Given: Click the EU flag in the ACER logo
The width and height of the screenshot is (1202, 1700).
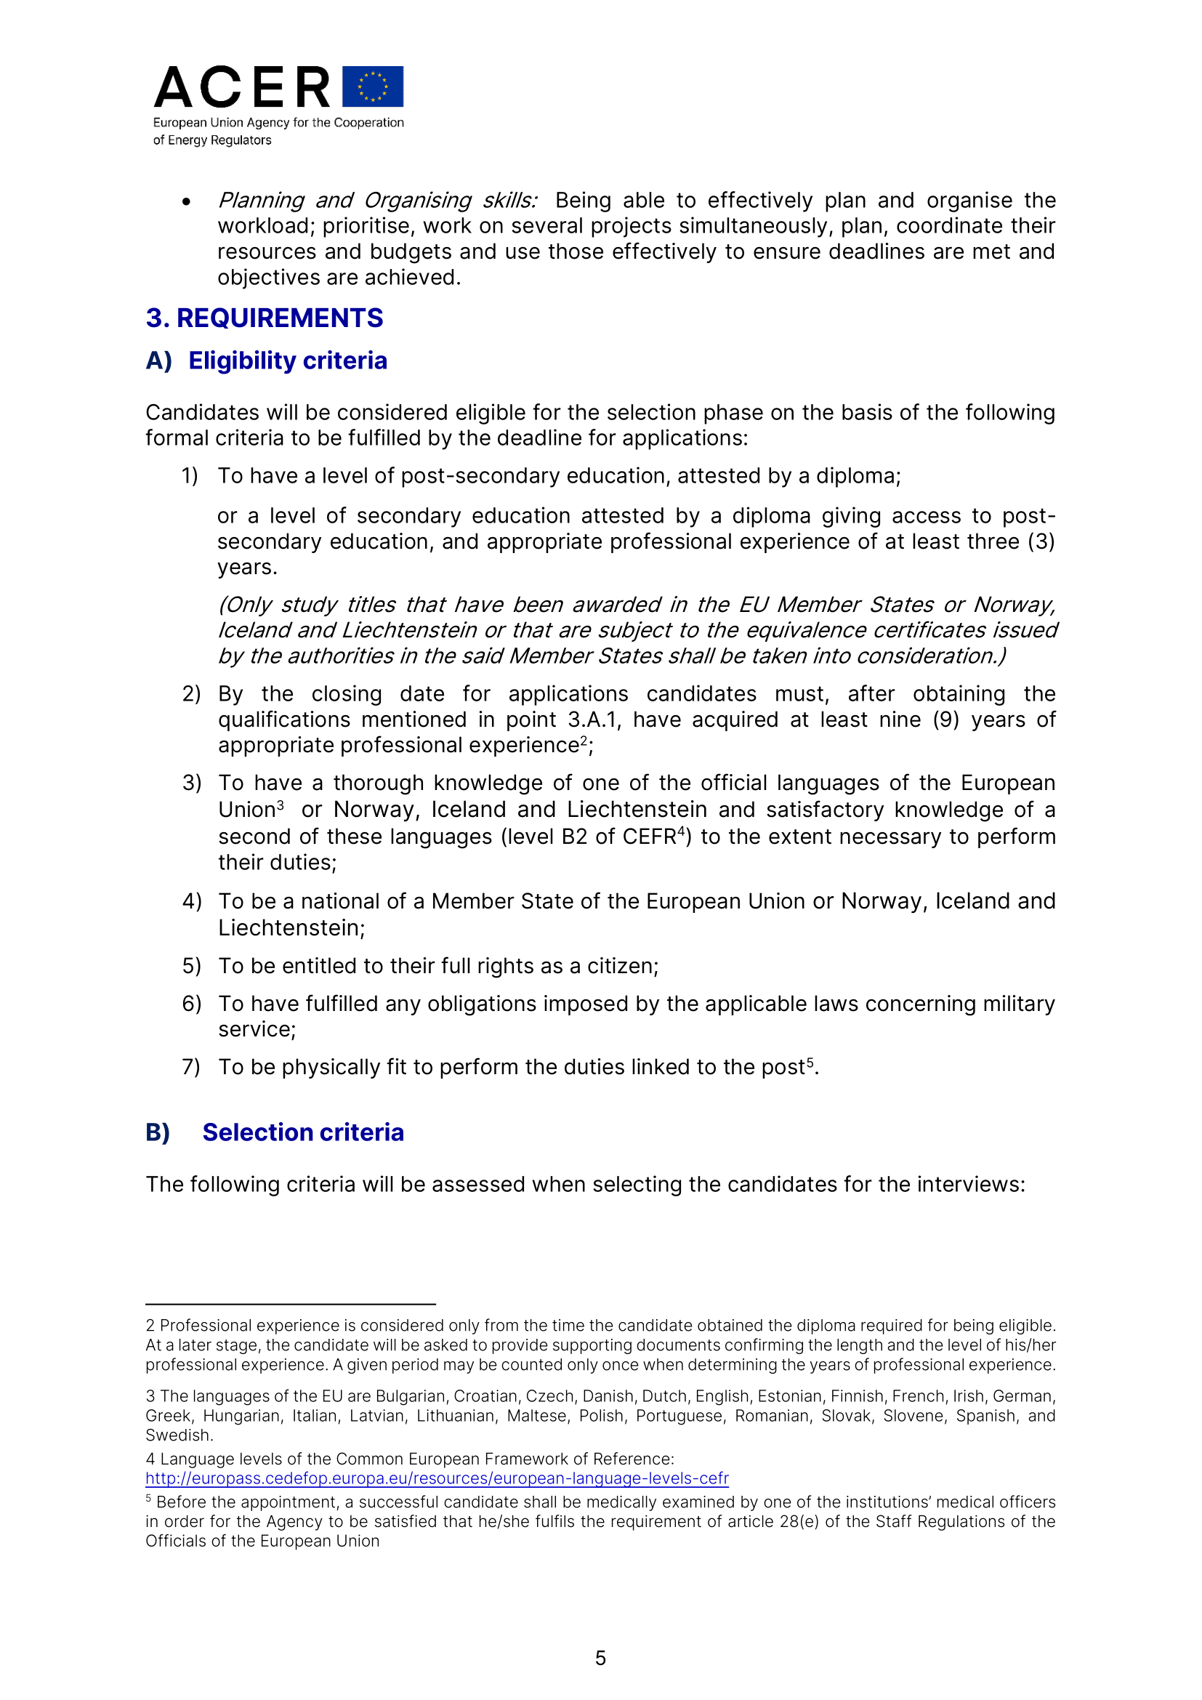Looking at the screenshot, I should [x=373, y=86].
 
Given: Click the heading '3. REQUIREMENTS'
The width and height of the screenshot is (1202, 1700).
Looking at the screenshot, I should [x=265, y=318].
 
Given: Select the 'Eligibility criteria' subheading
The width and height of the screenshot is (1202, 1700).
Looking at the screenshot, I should [x=287, y=360].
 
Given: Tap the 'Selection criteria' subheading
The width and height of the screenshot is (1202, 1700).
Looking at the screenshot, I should [x=303, y=1132].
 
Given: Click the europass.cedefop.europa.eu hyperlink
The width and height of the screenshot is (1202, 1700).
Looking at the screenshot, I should [x=437, y=1478].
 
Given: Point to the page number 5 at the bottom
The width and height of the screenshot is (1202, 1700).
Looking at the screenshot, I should [x=600, y=1658].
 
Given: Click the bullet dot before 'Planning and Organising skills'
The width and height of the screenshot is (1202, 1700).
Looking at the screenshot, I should [x=187, y=201].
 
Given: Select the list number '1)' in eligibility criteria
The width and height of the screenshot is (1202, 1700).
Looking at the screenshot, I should [x=190, y=476].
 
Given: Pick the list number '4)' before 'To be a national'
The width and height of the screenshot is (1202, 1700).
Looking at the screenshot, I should [x=192, y=901].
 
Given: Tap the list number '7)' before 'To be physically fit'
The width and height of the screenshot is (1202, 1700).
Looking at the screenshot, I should [x=191, y=1067].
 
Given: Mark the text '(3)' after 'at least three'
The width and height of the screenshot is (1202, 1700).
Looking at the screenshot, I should [x=1041, y=542].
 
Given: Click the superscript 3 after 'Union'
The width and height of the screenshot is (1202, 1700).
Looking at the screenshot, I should [x=281, y=804].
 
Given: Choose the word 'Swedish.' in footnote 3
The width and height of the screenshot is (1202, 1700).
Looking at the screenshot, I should [x=179, y=1435].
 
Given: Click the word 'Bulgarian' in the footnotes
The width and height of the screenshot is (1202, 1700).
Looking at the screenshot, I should [x=410, y=1395].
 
